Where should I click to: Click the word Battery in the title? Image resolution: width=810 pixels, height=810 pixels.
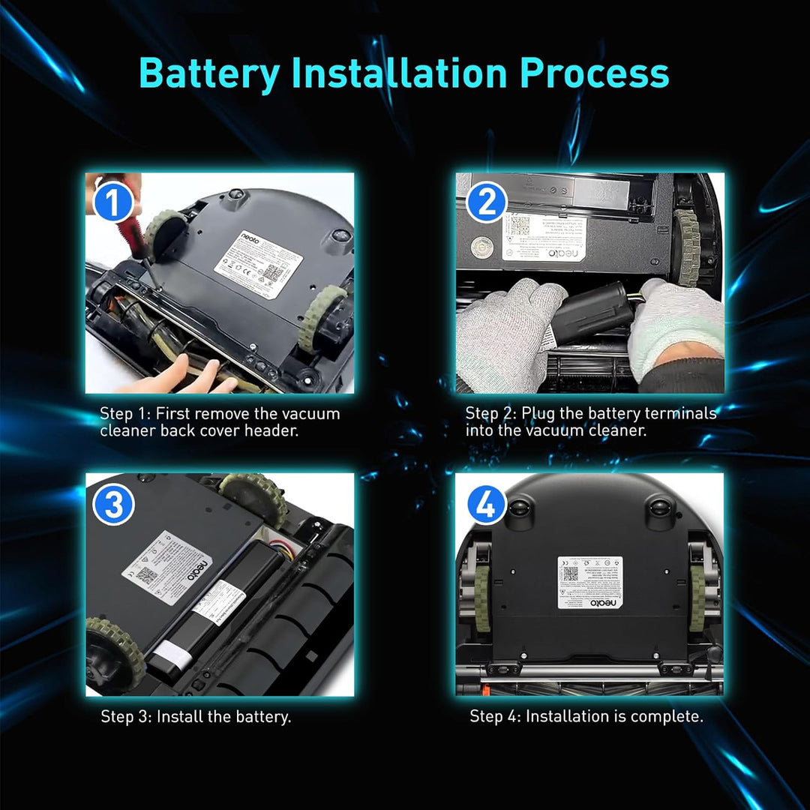click(209, 73)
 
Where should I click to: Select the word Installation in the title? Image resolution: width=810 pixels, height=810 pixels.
click(398, 73)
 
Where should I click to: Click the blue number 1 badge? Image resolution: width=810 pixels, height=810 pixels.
click(112, 203)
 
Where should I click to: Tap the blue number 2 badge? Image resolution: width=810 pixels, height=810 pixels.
click(486, 203)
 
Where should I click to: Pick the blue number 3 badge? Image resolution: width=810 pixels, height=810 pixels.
click(113, 505)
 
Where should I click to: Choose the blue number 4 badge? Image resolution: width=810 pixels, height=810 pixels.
click(486, 507)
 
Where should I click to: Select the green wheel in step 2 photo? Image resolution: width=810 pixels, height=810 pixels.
click(687, 247)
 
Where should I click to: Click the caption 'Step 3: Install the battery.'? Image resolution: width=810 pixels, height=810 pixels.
click(196, 716)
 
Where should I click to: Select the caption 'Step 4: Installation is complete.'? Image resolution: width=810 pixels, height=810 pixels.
click(586, 716)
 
